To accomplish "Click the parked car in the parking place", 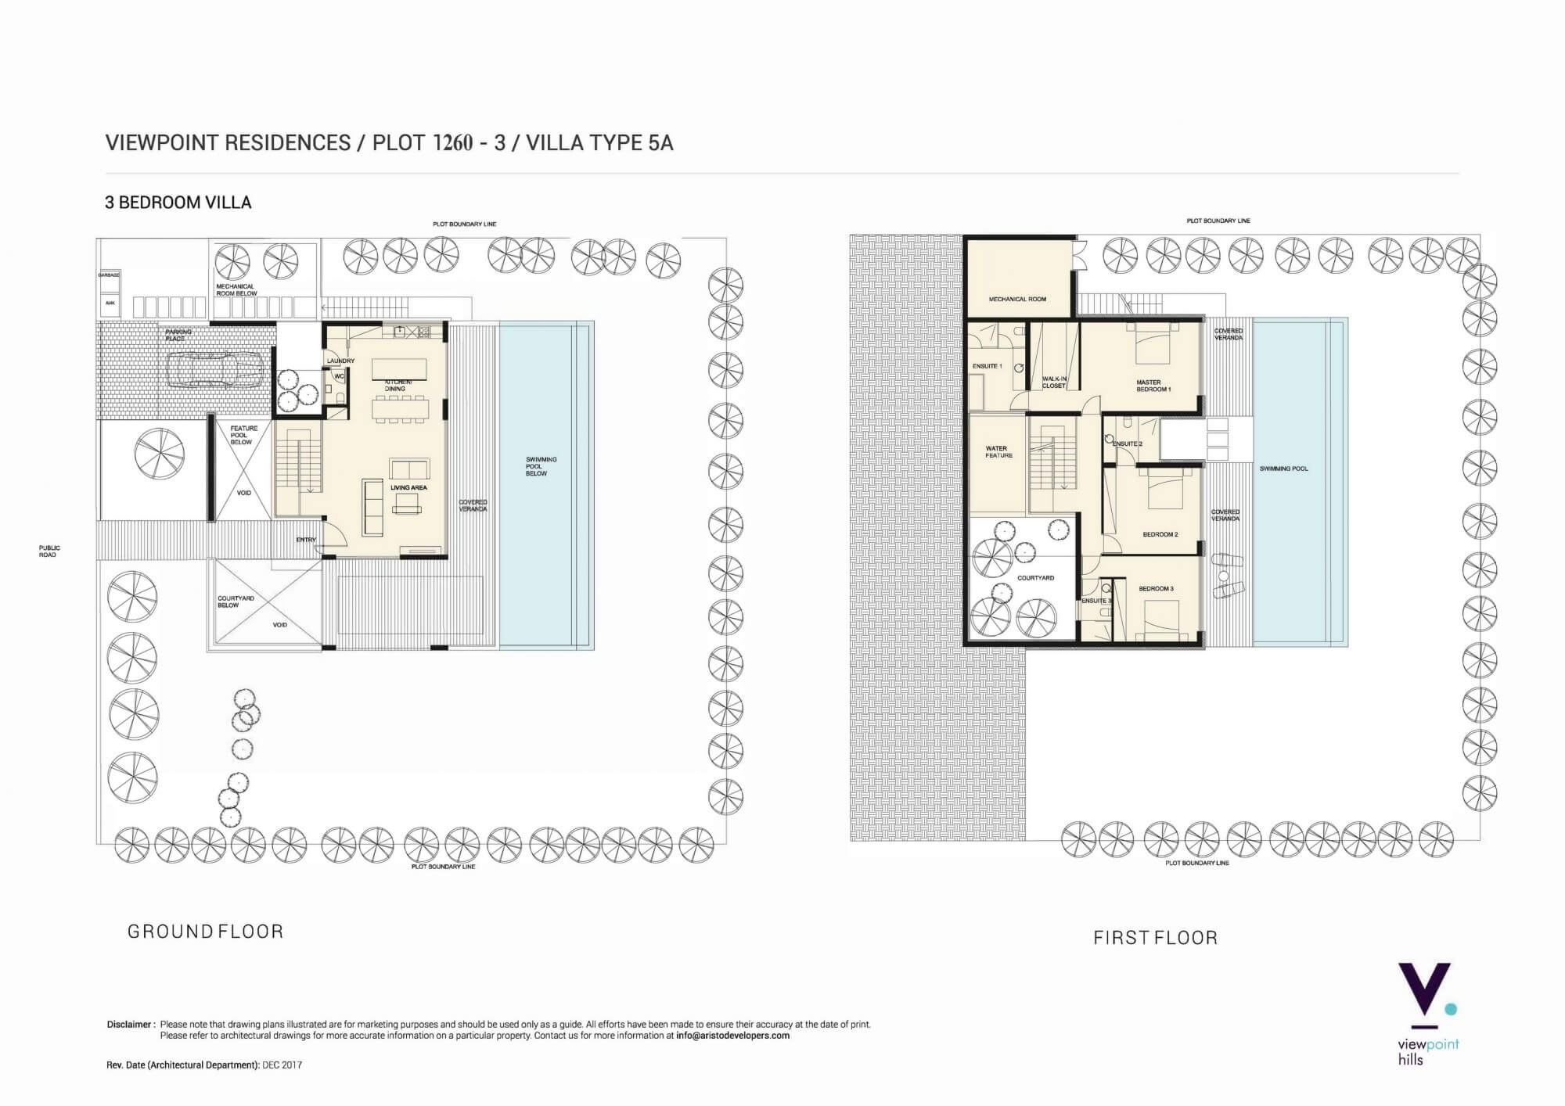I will (x=214, y=370).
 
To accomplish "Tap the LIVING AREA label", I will (x=408, y=487).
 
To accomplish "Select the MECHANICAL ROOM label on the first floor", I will (x=1017, y=299).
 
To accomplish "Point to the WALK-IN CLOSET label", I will (x=1054, y=382).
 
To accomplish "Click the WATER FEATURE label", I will (x=998, y=452).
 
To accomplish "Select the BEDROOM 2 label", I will (x=1160, y=534).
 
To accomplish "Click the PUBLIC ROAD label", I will (x=49, y=551).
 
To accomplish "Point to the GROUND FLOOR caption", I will (x=205, y=932).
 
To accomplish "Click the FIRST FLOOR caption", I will (x=1155, y=938).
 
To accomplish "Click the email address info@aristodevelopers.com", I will (x=732, y=1036).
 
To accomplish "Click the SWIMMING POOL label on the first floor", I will (x=1283, y=469).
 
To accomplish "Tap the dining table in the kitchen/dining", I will (x=400, y=407).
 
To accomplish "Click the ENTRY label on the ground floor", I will (x=306, y=540).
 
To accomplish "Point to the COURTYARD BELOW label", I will (x=235, y=601).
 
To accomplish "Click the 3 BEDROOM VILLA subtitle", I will (x=178, y=203).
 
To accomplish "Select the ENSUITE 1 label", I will (x=987, y=366).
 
